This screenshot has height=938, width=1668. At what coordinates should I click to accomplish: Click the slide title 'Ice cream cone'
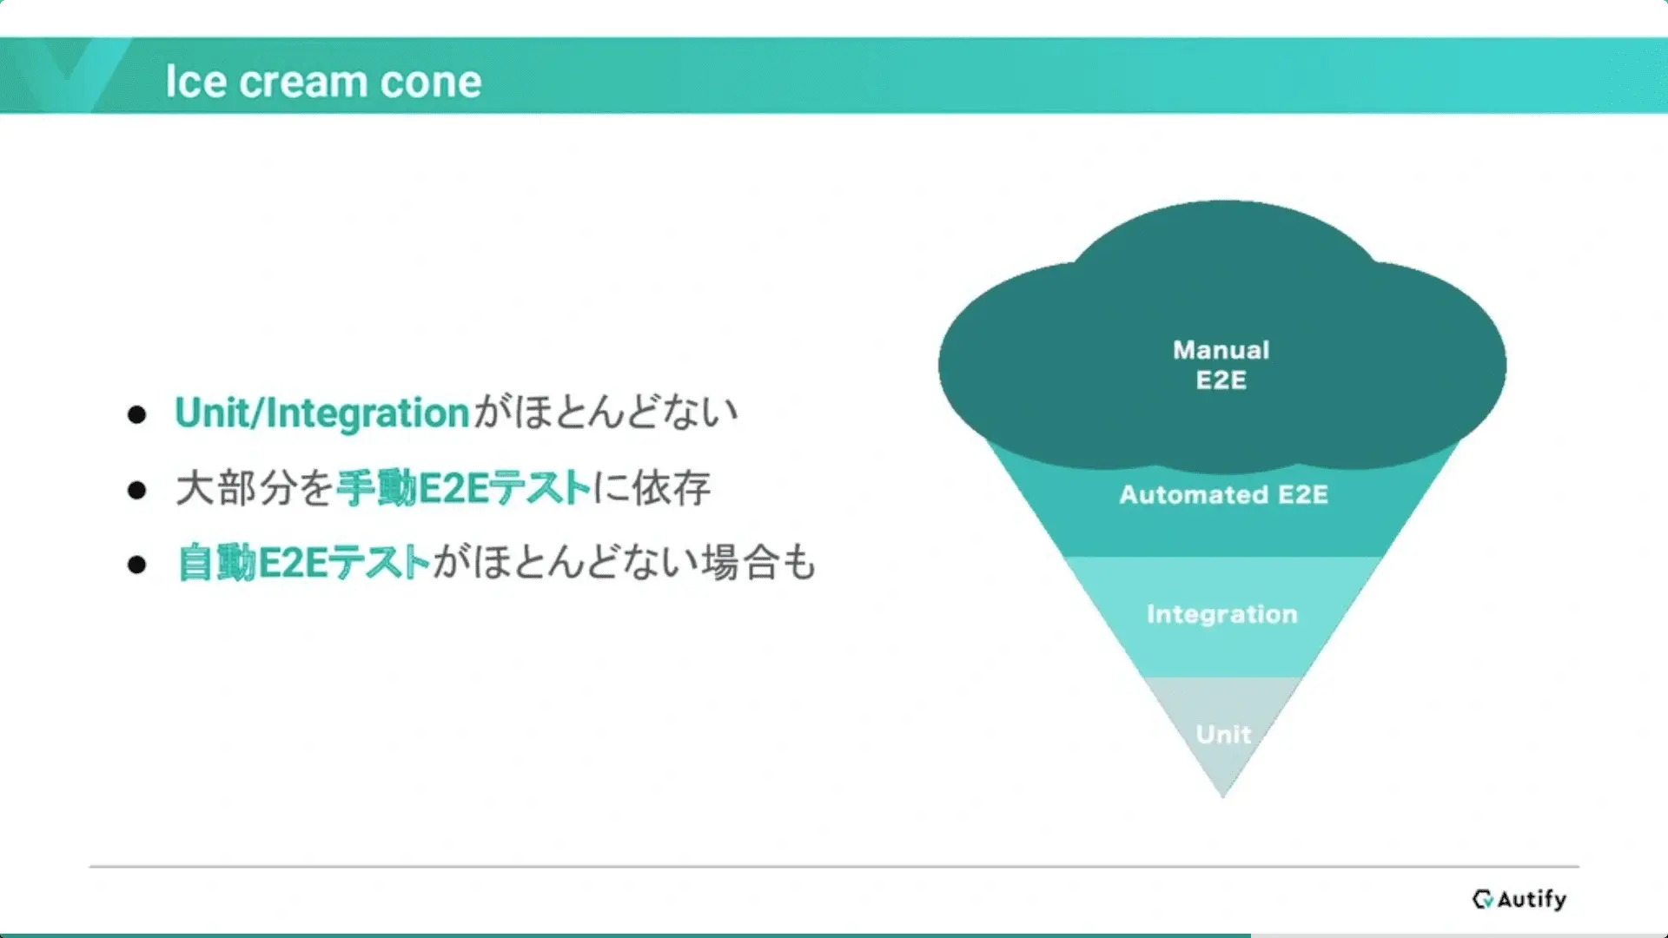point(323,82)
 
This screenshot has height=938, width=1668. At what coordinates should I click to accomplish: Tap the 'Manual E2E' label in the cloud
point(1221,365)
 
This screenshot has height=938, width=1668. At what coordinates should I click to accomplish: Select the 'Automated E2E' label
point(1223,494)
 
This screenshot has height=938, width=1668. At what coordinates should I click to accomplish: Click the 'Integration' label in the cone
point(1221,614)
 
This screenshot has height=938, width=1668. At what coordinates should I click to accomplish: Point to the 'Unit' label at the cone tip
point(1223,734)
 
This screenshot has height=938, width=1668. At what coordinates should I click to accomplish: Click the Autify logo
point(1519,899)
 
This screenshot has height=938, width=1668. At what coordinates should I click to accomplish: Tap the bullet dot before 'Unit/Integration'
point(136,414)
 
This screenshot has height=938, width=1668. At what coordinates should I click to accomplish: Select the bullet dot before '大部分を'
point(136,490)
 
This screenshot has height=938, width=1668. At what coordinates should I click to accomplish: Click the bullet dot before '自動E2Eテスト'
point(136,565)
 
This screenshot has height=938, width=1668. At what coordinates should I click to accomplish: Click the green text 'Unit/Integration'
point(322,413)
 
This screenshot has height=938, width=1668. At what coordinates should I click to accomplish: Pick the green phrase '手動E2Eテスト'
point(464,488)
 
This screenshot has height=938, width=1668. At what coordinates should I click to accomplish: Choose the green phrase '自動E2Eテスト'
point(304,563)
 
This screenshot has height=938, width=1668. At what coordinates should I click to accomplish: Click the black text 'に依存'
point(652,488)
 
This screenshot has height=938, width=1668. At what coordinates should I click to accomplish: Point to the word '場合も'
point(758,563)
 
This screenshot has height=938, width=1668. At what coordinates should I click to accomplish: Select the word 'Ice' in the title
point(196,82)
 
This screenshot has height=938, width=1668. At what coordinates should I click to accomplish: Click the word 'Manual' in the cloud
point(1221,350)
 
